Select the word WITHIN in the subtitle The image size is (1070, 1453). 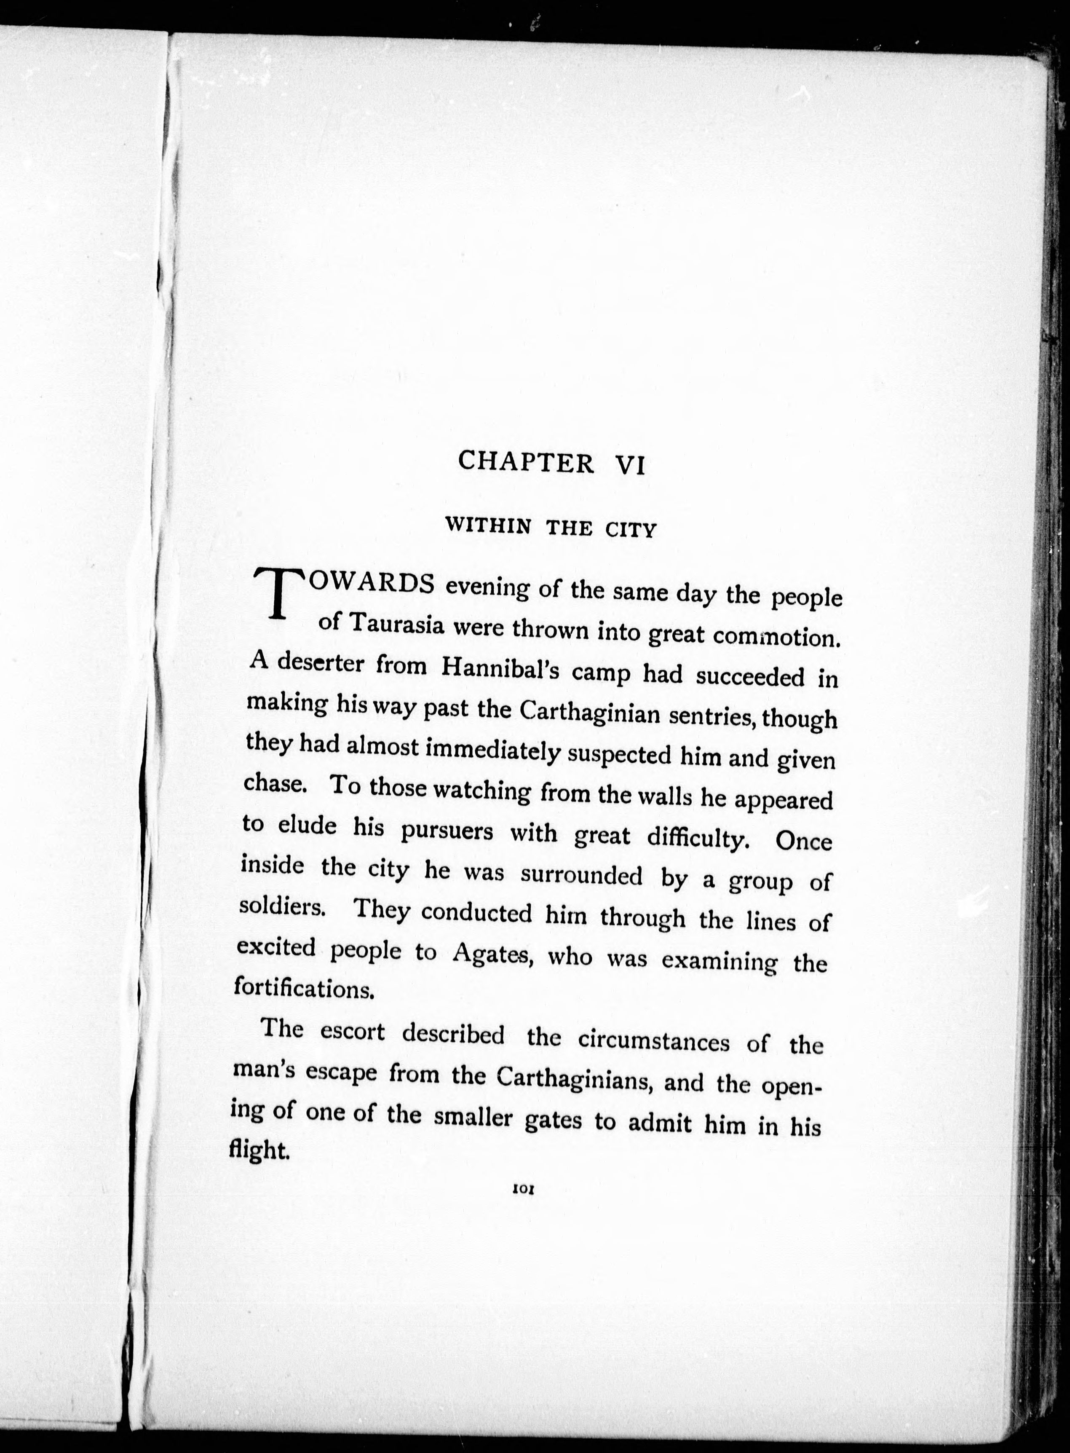click(x=488, y=525)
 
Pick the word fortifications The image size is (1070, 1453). click(x=305, y=989)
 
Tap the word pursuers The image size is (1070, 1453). click(x=447, y=831)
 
